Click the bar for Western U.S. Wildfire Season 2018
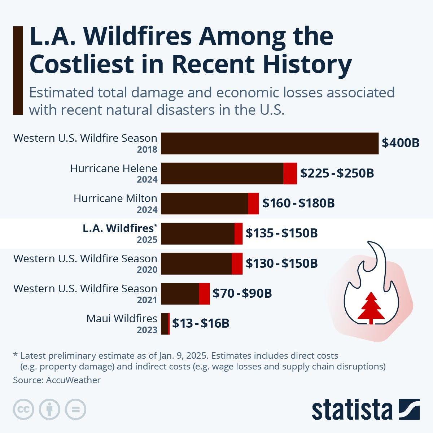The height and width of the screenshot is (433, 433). point(270,143)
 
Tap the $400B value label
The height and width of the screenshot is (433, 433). point(401,143)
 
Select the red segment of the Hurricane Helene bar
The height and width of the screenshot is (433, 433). point(290,173)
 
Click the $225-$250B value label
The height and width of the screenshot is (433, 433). point(337,173)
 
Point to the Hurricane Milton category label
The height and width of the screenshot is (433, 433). point(115,198)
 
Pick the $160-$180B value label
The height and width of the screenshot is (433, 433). point(298,203)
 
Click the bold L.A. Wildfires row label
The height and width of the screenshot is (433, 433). point(118,228)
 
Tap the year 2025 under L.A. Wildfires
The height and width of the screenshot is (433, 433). point(147,240)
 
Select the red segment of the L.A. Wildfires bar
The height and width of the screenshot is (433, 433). point(239,233)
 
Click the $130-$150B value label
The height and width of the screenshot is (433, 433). point(281,263)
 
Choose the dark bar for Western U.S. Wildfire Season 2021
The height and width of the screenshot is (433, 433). point(180,293)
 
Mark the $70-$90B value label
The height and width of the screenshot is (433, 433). point(242,293)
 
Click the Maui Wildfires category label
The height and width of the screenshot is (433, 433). point(122,319)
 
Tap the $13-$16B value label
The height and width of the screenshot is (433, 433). point(201,323)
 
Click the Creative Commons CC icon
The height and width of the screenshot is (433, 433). point(23,409)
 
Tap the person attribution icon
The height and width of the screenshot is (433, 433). point(49,409)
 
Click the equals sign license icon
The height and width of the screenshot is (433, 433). point(75,409)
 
